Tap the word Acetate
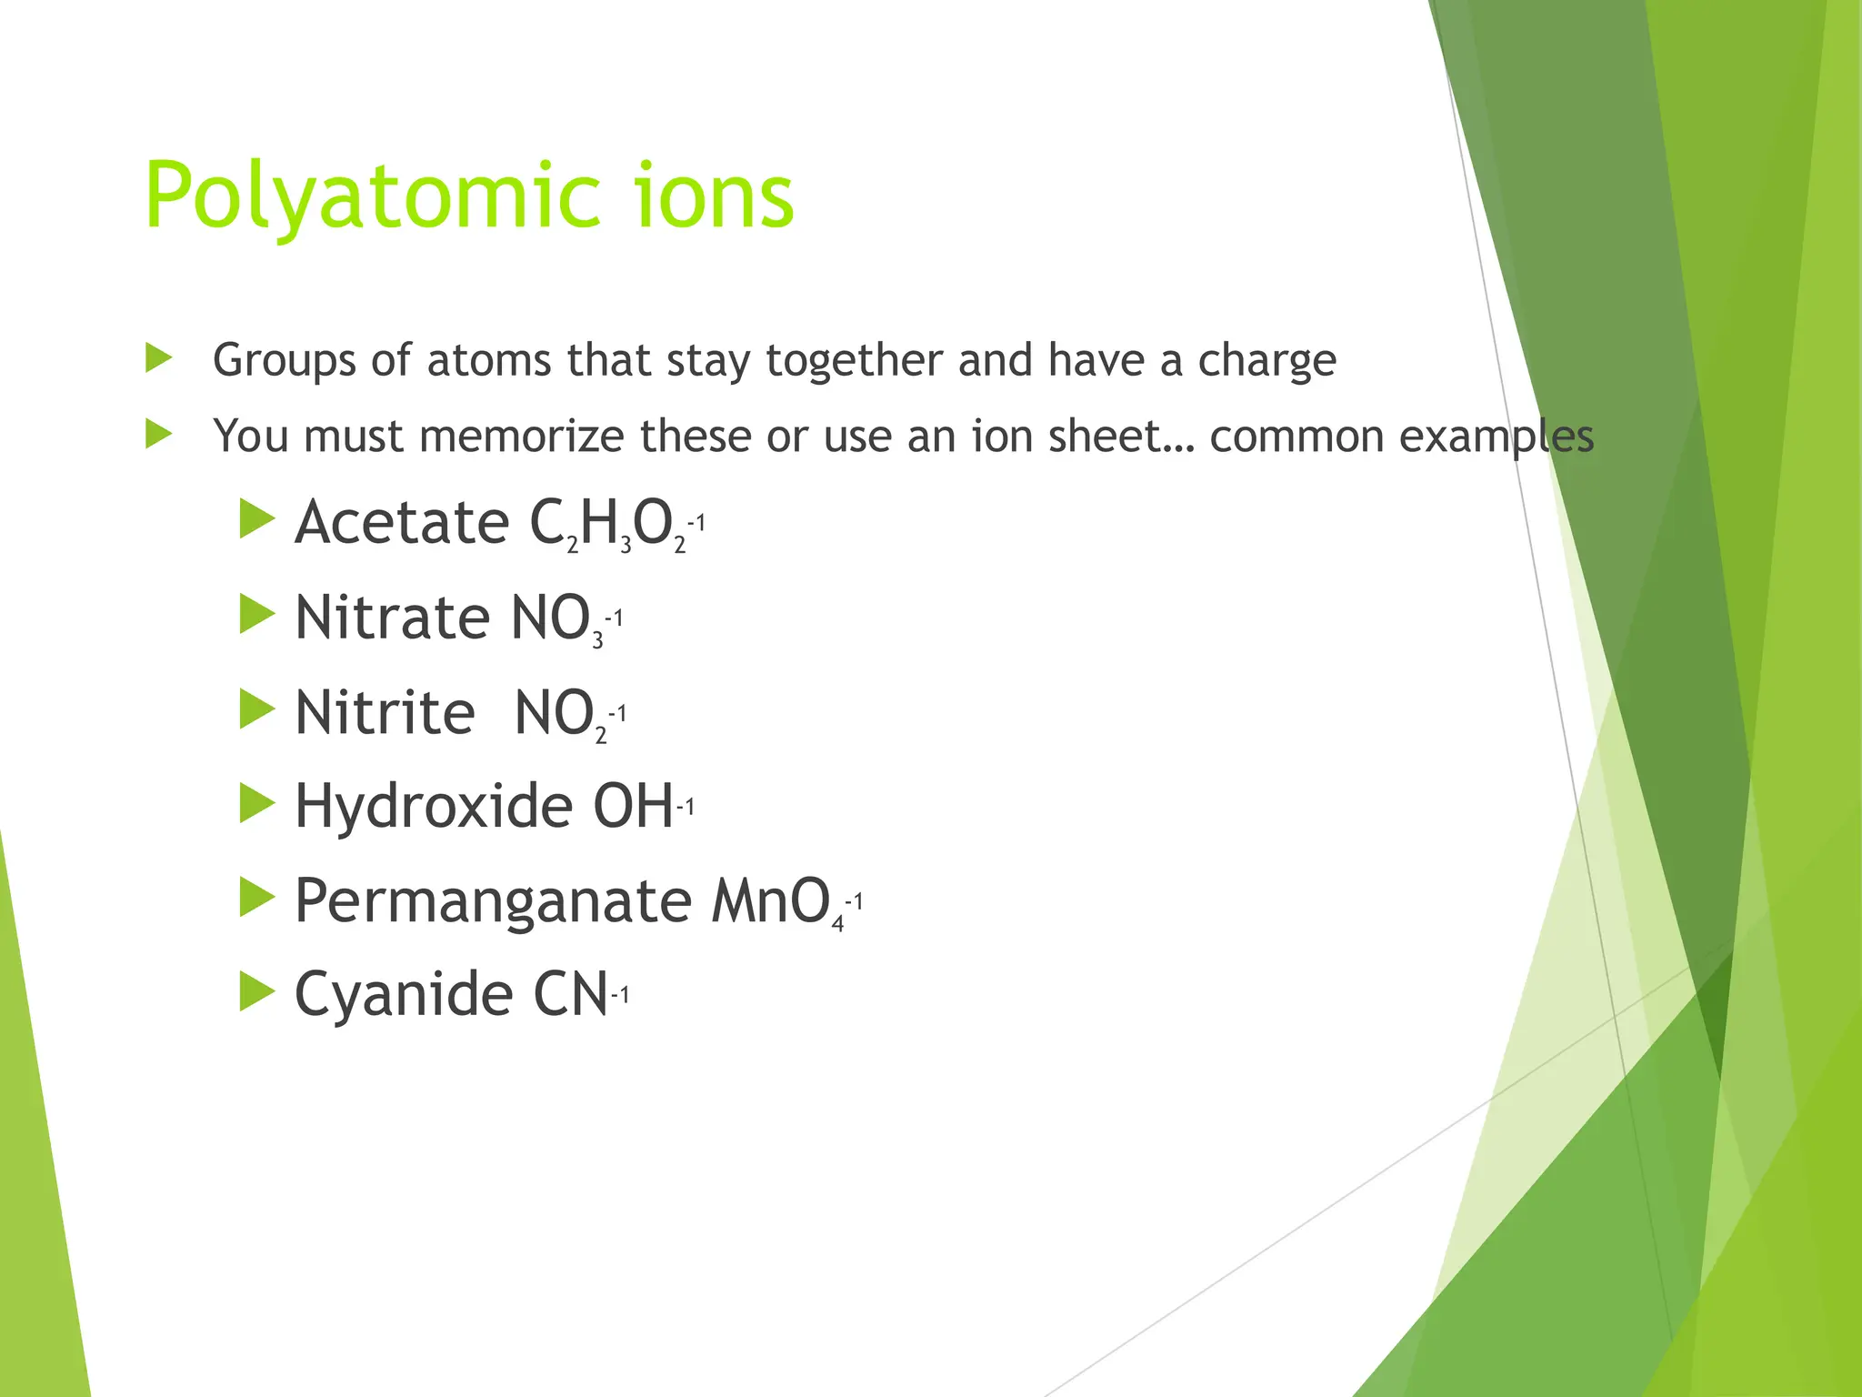tap(401, 523)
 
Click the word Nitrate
tap(393, 618)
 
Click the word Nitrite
tap(385, 713)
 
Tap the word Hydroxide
tap(433, 808)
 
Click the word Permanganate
tap(493, 901)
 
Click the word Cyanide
tap(404, 994)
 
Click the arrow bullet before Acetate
tap(256, 519)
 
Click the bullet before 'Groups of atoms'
tap(159, 358)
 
